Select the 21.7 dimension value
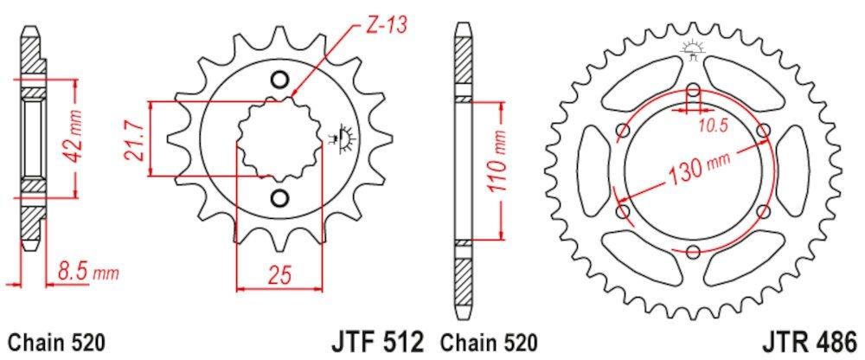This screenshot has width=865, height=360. click(x=132, y=139)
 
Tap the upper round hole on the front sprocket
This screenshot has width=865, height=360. click(x=279, y=80)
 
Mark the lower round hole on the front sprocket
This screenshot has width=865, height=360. click(x=279, y=198)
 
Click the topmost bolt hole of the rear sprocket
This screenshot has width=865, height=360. click(x=694, y=89)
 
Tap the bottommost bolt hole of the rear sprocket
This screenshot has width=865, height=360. click(x=694, y=252)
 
